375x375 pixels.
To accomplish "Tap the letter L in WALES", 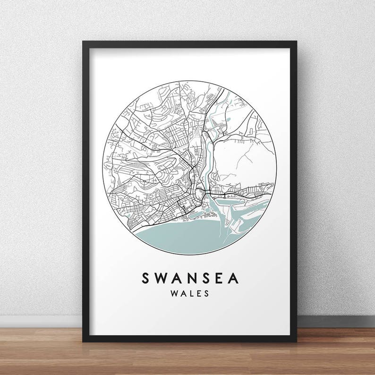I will (190, 293).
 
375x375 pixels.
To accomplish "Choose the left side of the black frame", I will (85, 189).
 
